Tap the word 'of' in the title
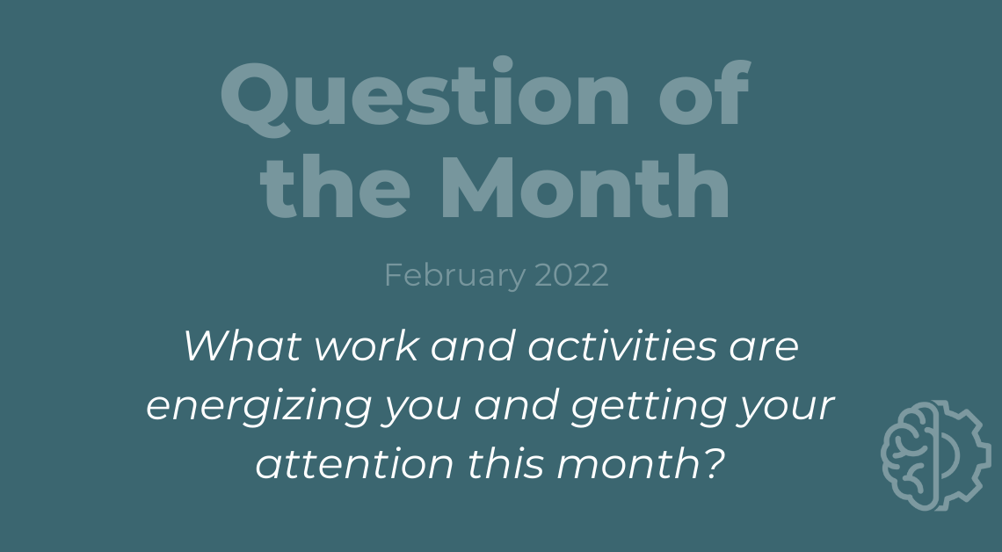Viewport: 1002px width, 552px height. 705,91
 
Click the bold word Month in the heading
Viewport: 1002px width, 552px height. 584,186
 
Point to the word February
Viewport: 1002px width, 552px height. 455,276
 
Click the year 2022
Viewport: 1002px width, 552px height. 571,275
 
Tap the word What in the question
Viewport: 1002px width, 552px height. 243,345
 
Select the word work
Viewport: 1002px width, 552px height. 367,345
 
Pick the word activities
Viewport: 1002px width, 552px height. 621,345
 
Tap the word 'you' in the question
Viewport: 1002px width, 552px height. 420,410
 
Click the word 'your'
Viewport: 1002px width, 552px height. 786,410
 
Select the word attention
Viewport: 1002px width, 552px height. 355,463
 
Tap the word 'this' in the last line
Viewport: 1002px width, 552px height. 505,463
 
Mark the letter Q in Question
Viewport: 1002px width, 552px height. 255,98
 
